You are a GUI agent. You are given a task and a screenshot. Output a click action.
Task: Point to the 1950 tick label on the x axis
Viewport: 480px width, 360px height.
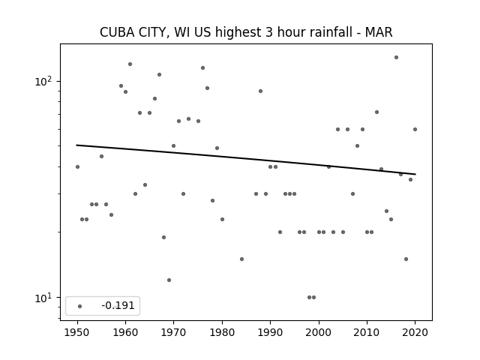(77, 332)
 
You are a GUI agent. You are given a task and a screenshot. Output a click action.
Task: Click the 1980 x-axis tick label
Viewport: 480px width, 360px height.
(222, 332)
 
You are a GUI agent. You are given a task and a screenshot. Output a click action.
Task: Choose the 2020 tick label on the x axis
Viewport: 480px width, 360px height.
(415, 332)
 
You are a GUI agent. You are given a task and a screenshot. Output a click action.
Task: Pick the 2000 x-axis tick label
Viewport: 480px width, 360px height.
(319, 332)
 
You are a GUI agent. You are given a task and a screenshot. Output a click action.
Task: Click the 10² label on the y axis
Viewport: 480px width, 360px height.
(43, 82)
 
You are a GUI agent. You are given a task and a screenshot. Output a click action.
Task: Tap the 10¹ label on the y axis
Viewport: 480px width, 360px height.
(43, 298)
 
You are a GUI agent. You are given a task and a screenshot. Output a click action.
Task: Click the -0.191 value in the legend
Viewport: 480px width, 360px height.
(118, 305)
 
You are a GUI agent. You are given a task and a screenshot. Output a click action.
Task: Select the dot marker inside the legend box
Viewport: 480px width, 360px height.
(80, 306)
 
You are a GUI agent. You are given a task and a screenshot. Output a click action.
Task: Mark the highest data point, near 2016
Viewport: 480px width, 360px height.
(396, 57)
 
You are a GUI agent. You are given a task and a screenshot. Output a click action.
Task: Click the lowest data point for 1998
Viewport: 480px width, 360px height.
(309, 297)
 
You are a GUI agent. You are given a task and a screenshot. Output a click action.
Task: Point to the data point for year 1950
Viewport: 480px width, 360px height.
(77, 166)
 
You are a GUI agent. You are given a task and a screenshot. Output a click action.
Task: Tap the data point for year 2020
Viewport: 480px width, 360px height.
(415, 129)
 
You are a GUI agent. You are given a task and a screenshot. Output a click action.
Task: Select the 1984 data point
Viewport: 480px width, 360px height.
(241, 259)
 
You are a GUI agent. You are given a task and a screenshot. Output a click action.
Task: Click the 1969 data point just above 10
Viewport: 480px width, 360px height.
(169, 280)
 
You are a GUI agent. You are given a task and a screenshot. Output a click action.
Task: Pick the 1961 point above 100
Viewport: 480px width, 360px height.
(130, 64)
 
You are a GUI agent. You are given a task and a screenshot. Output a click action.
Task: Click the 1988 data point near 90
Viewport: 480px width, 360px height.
(260, 91)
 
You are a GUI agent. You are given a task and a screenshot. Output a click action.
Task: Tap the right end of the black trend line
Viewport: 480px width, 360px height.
(415, 174)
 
